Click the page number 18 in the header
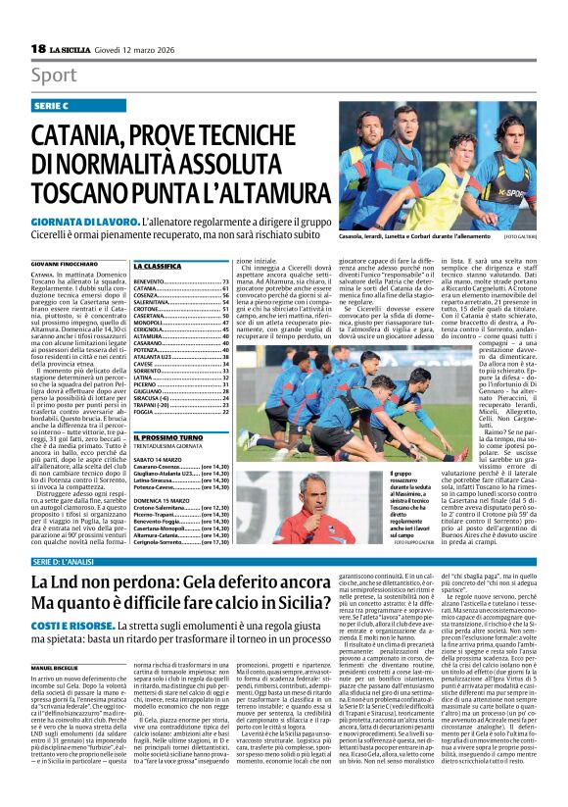click(38, 49)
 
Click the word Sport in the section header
click(53, 76)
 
